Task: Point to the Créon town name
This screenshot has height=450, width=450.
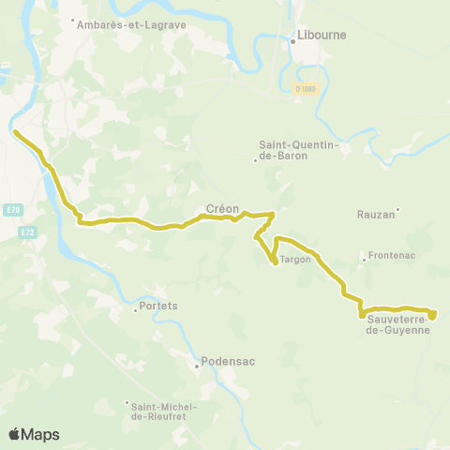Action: click(x=223, y=210)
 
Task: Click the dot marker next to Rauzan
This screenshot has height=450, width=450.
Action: click(x=397, y=209)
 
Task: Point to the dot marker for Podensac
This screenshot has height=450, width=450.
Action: click(x=197, y=367)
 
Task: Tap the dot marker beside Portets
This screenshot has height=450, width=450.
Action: click(x=135, y=311)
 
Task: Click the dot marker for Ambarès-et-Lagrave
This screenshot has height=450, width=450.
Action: click(x=72, y=19)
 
